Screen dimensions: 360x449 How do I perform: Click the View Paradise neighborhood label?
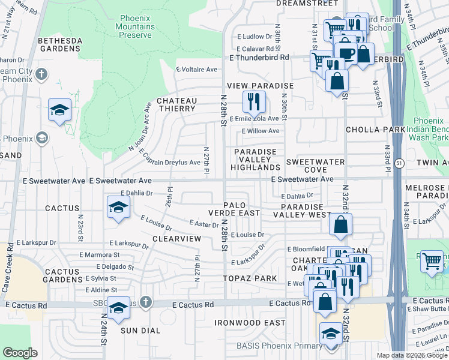259,86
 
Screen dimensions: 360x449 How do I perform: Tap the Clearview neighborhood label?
176,238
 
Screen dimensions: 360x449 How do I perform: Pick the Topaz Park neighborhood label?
250,278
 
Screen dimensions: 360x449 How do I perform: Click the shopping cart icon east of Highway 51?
432,261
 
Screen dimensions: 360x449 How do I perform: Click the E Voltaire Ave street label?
196,70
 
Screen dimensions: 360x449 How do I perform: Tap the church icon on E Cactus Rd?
145,301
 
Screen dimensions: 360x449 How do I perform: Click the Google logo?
20,353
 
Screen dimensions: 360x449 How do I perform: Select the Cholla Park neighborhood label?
367,130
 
